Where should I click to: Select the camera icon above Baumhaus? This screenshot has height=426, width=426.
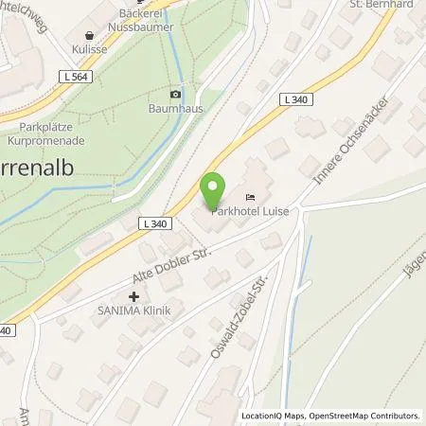click(174, 95)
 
